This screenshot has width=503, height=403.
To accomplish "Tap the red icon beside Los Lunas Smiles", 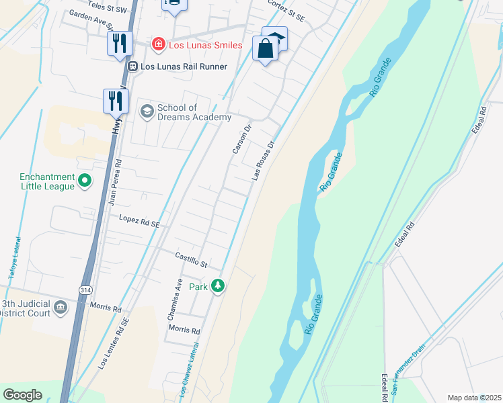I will (158, 45).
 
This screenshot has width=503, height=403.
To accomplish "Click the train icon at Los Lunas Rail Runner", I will (132, 66).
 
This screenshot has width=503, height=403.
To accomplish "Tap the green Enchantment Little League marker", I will (85, 180).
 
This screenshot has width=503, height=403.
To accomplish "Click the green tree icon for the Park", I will (217, 287).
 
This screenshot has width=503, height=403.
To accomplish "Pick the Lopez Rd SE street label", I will (139, 220).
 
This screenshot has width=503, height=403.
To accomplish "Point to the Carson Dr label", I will (241, 139).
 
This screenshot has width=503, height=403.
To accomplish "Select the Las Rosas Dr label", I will (264, 161).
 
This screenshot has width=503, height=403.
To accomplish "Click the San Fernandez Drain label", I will (410, 369).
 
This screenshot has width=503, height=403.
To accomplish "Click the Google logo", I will (22, 395).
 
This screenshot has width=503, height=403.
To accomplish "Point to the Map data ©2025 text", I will (474, 398).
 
